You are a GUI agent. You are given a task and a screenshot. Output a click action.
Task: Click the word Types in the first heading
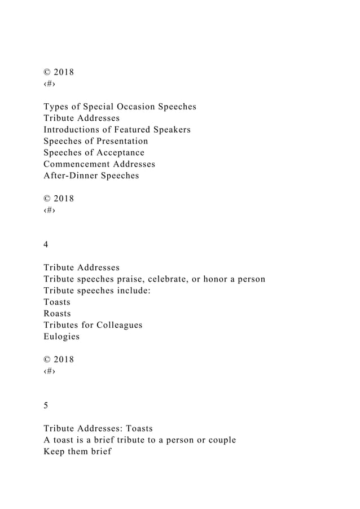(x=57, y=107)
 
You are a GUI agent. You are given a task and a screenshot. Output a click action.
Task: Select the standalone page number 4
(x=46, y=244)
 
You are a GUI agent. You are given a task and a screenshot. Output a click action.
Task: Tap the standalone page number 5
(x=46, y=405)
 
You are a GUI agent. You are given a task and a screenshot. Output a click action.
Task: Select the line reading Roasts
(x=57, y=313)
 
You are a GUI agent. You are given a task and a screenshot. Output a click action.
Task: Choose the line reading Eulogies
(x=62, y=336)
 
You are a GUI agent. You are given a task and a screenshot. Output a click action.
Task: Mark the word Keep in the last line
(x=55, y=451)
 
